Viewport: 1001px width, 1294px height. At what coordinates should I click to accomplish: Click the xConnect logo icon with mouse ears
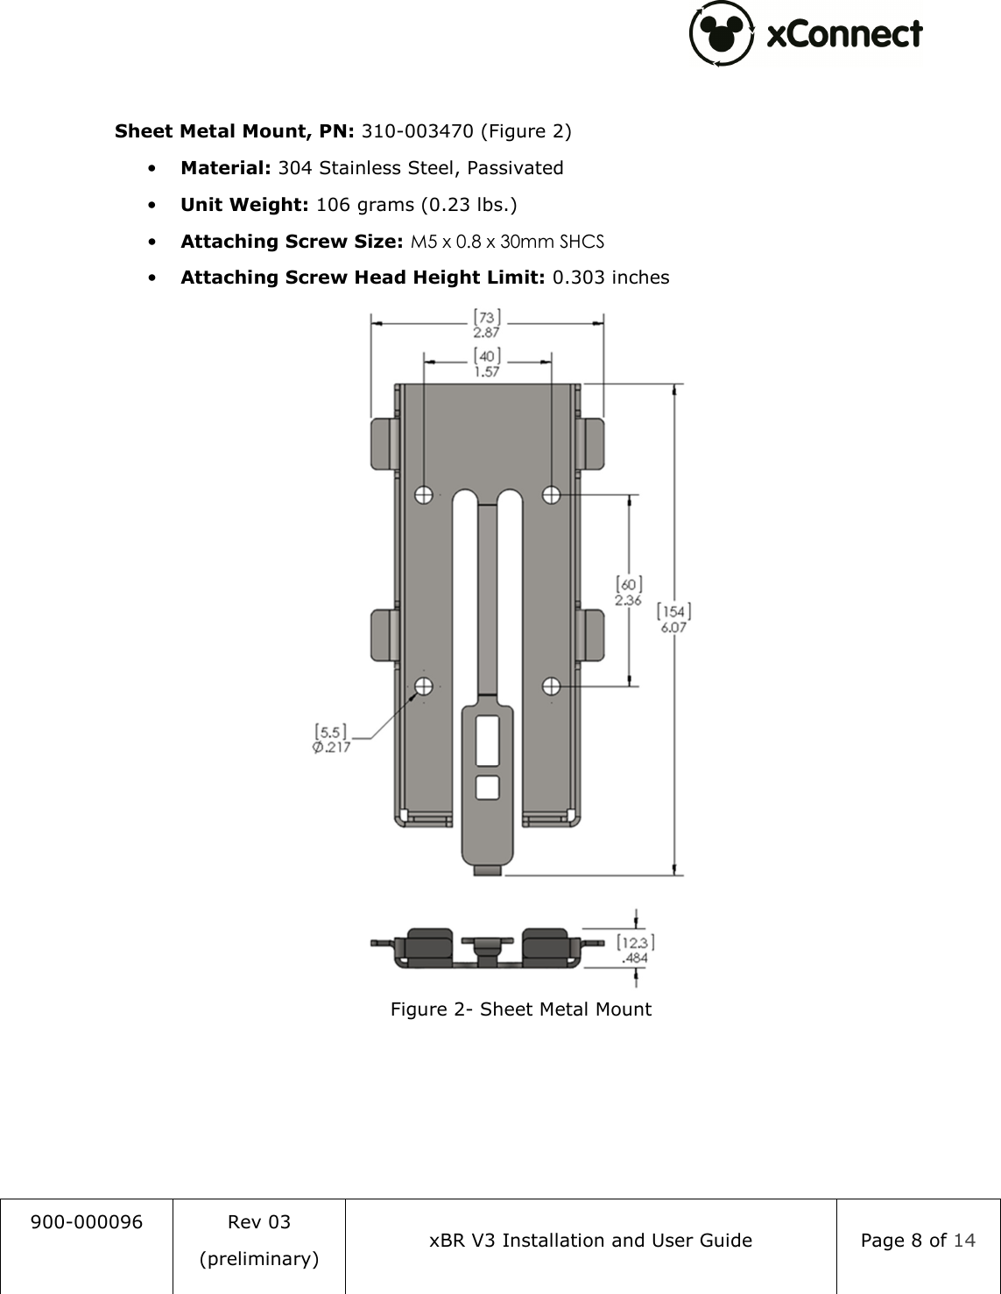point(721,33)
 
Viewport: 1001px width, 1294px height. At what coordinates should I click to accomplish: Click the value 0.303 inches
point(610,278)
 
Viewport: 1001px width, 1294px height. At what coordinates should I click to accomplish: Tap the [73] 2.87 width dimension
point(486,323)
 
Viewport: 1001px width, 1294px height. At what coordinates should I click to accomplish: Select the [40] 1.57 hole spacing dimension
point(487,362)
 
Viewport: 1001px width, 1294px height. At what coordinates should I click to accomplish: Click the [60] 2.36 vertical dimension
point(629,591)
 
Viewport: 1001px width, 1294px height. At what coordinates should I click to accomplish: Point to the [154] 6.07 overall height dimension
point(673,618)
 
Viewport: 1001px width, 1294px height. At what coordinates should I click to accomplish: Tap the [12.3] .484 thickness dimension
point(635,950)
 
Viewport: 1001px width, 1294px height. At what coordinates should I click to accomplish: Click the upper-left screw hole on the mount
point(424,495)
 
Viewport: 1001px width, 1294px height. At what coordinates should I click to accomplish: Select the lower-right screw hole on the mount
point(551,686)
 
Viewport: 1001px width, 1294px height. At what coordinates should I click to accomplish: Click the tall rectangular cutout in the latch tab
point(488,741)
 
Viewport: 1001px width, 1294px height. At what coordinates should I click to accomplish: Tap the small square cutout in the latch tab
point(488,787)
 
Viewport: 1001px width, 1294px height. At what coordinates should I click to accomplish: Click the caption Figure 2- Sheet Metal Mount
point(520,1009)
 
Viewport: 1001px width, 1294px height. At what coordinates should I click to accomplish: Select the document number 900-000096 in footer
point(86,1222)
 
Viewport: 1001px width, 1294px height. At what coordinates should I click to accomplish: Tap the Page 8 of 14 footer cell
point(917,1241)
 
